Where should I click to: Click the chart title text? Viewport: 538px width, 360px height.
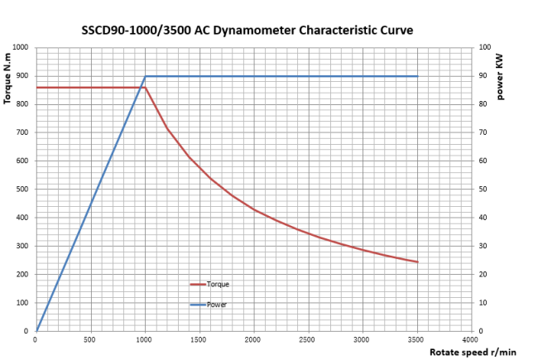[x=247, y=31]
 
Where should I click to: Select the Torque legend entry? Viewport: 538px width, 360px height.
[x=218, y=284]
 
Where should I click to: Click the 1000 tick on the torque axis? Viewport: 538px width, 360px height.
[x=20, y=47]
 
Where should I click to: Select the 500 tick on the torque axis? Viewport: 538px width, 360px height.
[x=22, y=189]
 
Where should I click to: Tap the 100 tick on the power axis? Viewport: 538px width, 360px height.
[x=485, y=47]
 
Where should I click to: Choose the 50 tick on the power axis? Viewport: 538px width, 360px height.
[x=483, y=189]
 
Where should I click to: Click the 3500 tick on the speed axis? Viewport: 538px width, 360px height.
[x=416, y=339]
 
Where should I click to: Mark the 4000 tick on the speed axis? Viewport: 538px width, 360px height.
[x=470, y=339]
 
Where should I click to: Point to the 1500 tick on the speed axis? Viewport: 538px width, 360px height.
[x=198, y=339]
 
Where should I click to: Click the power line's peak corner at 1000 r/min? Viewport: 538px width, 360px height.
[x=146, y=76]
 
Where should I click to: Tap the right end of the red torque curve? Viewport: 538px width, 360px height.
[x=417, y=262]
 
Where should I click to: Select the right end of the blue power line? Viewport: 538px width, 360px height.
[x=417, y=76]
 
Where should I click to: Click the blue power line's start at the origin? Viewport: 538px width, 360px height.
[x=37, y=330]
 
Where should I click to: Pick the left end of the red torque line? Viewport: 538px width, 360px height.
[x=37, y=87]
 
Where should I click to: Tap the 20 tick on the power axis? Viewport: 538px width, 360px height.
[x=483, y=274]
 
